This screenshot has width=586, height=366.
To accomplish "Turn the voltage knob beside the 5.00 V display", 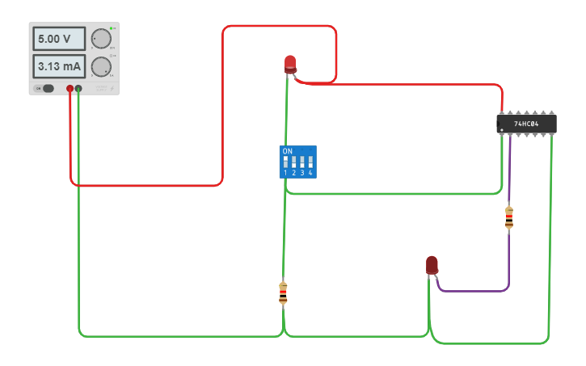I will [x=101, y=39].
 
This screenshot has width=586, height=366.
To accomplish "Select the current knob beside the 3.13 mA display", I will [x=101, y=66].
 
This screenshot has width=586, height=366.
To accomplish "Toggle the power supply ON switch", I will [x=45, y=88].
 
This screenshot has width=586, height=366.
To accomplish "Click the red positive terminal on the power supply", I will [x=70, y=88].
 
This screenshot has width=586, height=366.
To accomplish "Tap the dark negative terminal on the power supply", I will [x=78, y=88].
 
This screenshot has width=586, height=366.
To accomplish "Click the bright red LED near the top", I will [x=290, y=64].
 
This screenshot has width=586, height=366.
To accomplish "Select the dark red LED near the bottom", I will [x=432, y=264].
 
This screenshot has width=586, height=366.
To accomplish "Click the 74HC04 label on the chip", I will [x=526, y=124].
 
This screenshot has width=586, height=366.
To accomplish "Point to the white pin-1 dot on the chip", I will [x=502, y=129].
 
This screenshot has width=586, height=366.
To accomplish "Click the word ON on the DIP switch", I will [x=287, y=151].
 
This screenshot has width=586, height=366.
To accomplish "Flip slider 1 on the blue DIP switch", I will [x=285, y=162].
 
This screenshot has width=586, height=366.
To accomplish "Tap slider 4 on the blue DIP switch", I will [x=310, y=162].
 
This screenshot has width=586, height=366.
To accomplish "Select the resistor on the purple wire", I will [x=508, y=217].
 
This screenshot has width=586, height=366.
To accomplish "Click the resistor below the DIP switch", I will [x=283, y=292].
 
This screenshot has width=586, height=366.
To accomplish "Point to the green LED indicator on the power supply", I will [x=114, y=28].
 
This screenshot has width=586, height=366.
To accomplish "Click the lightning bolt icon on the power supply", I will [x=111, y=87].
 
